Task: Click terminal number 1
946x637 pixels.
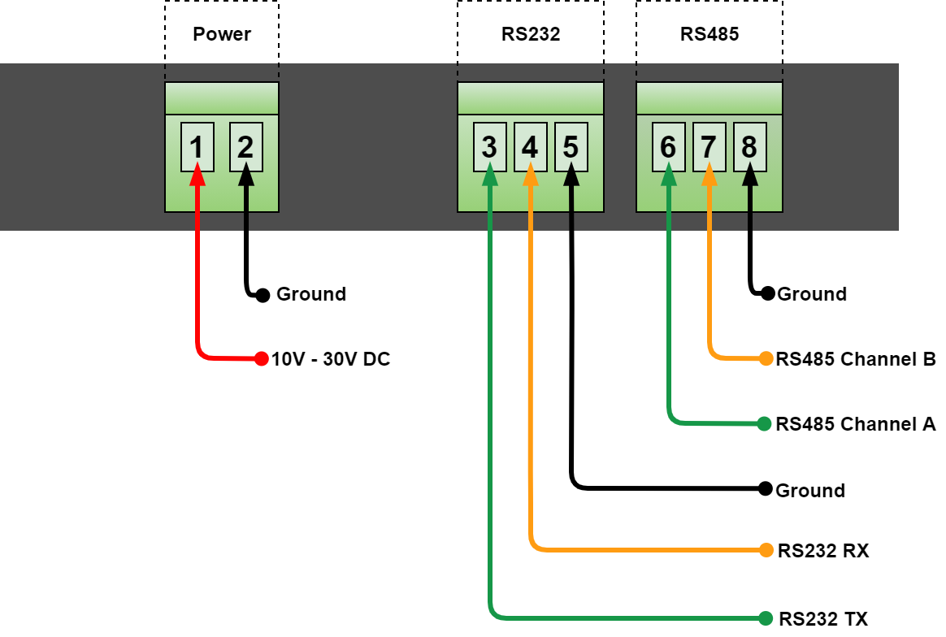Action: pyautogui.click(x=197, y=147)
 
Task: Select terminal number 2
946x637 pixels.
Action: pyautogui.click(x=245, y=147)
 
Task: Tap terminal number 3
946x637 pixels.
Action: pyautogui.click(x=489, y=147)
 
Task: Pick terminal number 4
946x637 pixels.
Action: pyautogui.click(x=530, y=147)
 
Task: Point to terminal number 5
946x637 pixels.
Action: pyautogui.click(x=571, y=147)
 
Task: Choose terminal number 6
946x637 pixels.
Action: pyautogui.click(x=668, y=147)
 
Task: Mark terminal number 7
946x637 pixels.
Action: pyautogui.click(x=709, y=147)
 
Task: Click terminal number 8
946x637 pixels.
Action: pyautogui.click(x=749, y=147)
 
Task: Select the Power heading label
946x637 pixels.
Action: pyautogui.click(x=222, y=34)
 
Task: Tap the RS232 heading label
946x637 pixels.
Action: pyautogui.click(x=531, y=34)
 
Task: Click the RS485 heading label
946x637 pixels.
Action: pyautogui.click(x=709, y=34)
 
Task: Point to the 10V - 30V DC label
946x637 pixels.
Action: pyautogui.click(x=331, y=358)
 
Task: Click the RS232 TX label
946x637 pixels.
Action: pyautogui.click(x=822, y=618)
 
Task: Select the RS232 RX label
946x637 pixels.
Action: pyautogui.click(x=822, y=551)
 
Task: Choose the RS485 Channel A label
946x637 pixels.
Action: pyautogui.click(x=856, y=423)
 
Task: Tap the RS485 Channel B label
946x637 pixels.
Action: pyautogui.click(x=856, y=358)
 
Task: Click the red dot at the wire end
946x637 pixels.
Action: pyautogui.click(x=261, y=358)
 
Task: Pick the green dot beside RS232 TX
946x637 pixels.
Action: pyautogui.click(x=765, y=618)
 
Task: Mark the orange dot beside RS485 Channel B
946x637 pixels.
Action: pyautogui.click(x=765, y=358)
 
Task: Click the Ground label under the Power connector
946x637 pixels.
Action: pyautogui.click(x=311, y=294)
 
